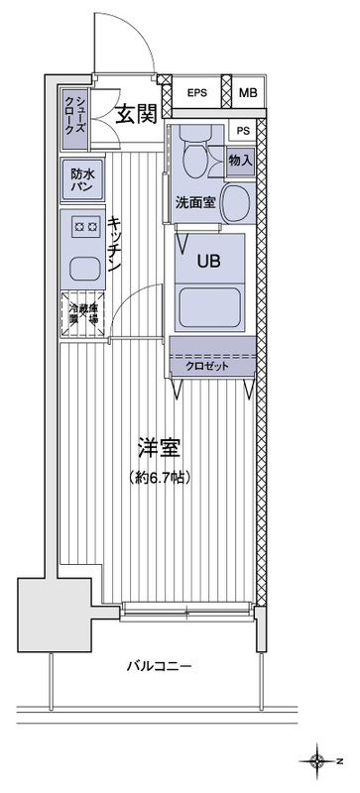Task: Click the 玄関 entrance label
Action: tap(136, 114)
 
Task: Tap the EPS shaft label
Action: tap(197, 94)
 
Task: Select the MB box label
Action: tap(248, 94)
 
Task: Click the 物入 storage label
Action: tap(240, 159)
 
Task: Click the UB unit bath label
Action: tap(208, 262)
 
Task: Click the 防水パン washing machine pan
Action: tap(81, 178)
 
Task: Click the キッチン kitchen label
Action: tap(115, 245)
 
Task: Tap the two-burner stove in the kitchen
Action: tap(81, 227)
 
